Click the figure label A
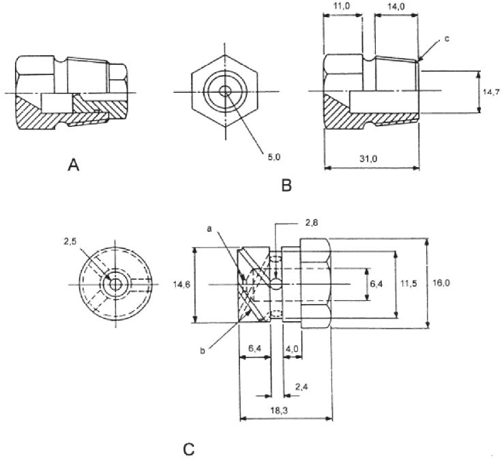pos(74,166)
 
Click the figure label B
pos(286,185)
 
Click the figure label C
pos(189,449)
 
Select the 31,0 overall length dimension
pos(368,158)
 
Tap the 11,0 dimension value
pos(342,6)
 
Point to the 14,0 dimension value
pos(396,6)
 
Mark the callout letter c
pos(447,39)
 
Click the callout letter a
pos(209,228)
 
